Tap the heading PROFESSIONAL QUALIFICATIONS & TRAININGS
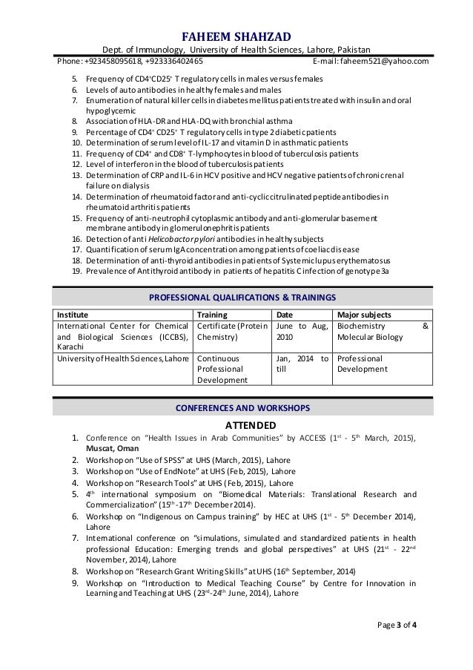click(x=236, y=298)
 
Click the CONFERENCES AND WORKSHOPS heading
click(x=236, y=408)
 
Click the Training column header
click(x=214, y=314)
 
